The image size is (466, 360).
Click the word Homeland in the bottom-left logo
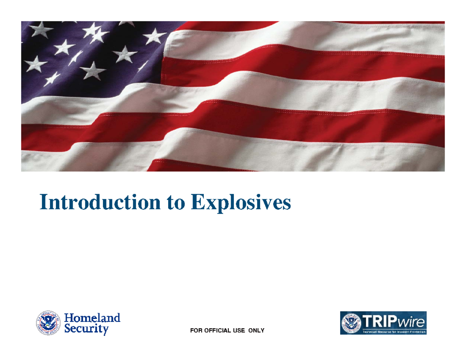pyautogui.click(x=92, y=318)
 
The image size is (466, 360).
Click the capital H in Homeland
pyautogui.click(x=69, y=318)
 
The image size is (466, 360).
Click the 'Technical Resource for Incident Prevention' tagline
pyautogui.click(x=394, y=332)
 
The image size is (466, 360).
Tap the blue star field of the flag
pyautogui.click(x=78, y=54)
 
